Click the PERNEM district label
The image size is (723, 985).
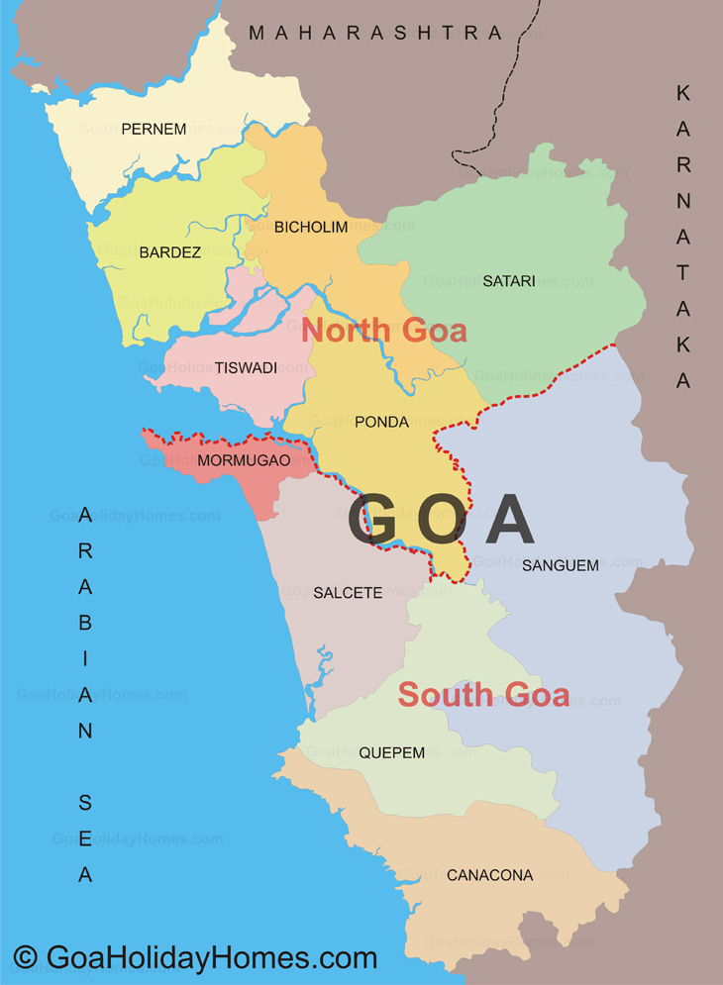pos(154,129)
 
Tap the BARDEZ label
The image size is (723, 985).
pos(169,252)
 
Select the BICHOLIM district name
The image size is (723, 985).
pos(311,228)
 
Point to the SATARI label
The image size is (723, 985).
pos(509,281)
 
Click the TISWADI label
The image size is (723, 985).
pos(246,368)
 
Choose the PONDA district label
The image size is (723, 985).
pos(381,422)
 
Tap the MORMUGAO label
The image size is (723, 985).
pos(244,460)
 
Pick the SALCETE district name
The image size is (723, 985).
pos(348,593)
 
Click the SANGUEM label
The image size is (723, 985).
pos(561,566)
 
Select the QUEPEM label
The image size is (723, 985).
pos(392,752)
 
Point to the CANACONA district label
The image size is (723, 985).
pos(489,875)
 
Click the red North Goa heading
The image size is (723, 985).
pos(384,330)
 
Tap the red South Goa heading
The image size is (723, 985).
pos(483,695)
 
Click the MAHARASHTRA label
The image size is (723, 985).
pos(376,33)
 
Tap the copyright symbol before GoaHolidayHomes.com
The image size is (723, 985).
pos(25,958)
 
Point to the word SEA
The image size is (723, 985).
pos(85,838)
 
